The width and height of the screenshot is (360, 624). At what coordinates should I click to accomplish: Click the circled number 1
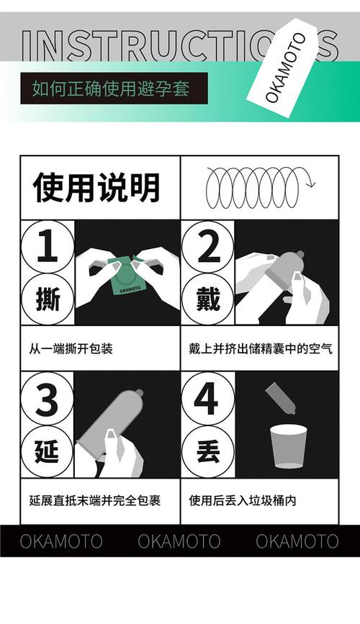pos(47,247)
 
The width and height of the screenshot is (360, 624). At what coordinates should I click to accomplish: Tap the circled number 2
pos(207,247)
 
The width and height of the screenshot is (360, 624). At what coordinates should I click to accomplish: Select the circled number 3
pos(47,398)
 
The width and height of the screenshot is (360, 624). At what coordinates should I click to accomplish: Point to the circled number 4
pos(207,398)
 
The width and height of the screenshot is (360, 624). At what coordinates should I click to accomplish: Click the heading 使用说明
pos(96,188)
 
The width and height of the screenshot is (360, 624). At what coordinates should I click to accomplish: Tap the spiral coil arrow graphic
pos(259,187)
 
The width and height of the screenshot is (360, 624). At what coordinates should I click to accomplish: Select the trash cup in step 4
pos(289,446)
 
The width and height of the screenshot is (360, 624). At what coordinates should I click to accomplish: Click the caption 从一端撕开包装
pos(71,349)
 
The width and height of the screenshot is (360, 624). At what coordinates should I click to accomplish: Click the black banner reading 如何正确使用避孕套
pos(114,89)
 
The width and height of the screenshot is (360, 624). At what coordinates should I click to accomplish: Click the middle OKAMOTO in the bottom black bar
pos(179,541)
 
